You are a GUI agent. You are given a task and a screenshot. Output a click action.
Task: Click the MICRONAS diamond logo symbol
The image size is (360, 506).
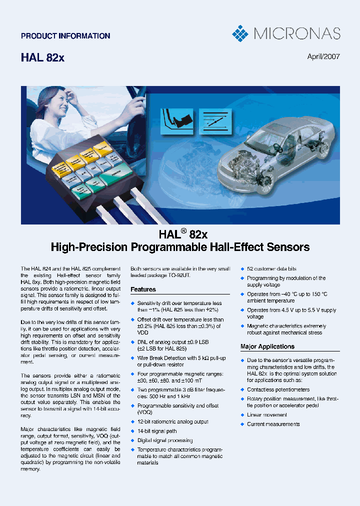coord(240,33)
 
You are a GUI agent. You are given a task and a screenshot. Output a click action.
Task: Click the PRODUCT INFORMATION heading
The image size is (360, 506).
coord(65,36)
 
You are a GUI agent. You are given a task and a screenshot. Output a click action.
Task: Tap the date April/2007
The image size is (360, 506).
coord(323,56)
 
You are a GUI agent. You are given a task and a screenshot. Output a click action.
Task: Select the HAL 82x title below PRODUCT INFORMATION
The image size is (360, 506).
coord(42,57)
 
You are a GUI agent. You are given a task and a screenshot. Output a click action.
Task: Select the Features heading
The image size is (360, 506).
coord(143,289)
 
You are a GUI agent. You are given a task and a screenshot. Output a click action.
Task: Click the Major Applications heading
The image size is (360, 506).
coord(267,346)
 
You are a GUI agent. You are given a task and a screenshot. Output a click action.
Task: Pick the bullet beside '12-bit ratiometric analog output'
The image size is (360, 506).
coord(132,422)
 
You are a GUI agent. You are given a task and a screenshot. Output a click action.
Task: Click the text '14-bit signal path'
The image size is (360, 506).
coord(156,431)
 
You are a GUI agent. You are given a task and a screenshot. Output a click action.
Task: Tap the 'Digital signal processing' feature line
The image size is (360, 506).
coord(164,440)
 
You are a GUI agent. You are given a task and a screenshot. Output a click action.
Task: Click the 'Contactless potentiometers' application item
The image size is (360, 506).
coord(278,389)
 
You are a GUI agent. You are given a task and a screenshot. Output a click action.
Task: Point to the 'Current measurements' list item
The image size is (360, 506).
coord(273,424)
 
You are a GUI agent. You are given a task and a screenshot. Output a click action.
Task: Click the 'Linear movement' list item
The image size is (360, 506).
coord(266,415)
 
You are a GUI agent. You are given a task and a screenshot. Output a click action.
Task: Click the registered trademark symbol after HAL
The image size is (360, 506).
coord(183,231)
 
